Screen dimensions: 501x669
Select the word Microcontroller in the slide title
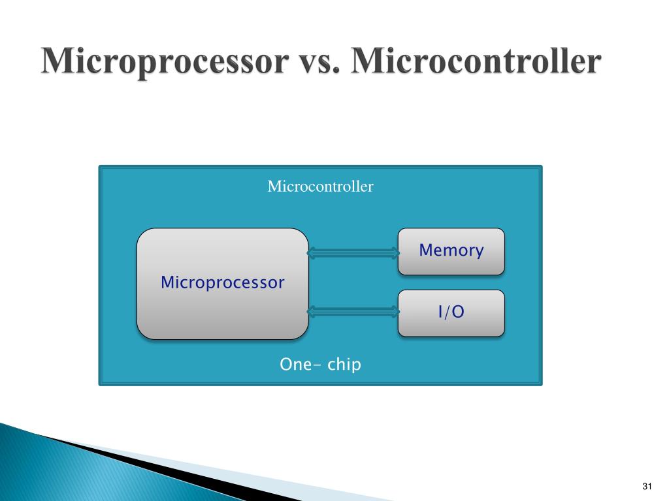474,63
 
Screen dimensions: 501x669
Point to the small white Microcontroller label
320,187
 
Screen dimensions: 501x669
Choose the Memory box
451,250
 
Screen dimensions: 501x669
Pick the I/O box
451,312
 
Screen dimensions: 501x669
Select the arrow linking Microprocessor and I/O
353,312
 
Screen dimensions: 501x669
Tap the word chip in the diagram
344,365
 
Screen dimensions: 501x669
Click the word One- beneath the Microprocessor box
299,365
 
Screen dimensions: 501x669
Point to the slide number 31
648,487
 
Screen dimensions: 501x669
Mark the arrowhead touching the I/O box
394,312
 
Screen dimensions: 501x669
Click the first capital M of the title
57,63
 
